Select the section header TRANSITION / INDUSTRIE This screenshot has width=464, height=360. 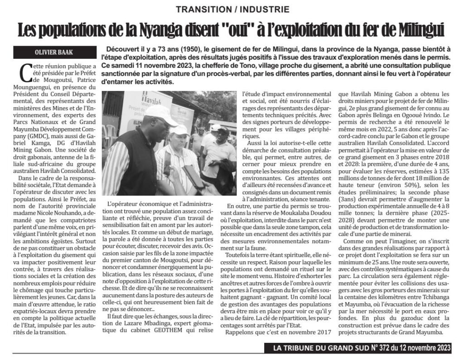(232, 10)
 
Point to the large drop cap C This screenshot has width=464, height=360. (26, 73)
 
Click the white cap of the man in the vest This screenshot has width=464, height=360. (160, 115)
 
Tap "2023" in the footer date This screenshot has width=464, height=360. (441, 348)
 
